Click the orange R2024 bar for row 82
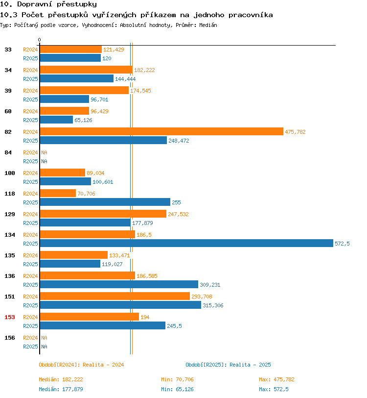click(161, 131)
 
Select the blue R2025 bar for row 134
click(186, 243)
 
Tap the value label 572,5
click(342, 244)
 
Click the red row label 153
click(10, 317)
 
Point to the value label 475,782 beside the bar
click(295, 132)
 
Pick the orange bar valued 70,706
click(58, 193)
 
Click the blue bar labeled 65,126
click(56, 120)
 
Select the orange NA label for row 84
click(44, 152)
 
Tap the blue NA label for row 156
click(44, 347)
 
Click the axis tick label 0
click(39, 40)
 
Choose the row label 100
click(10, 173)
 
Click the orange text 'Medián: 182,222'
click(61, 379)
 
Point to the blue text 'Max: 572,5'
click(274, 389)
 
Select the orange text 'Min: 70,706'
click(177, 379)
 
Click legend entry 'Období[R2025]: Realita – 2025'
click(228, 365)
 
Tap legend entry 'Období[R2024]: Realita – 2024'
click(81, 365)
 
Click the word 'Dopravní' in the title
click(34, 4)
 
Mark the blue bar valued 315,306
click(120, 305)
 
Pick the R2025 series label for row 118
click(30, 202)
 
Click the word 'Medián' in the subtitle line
click(208, 25)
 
